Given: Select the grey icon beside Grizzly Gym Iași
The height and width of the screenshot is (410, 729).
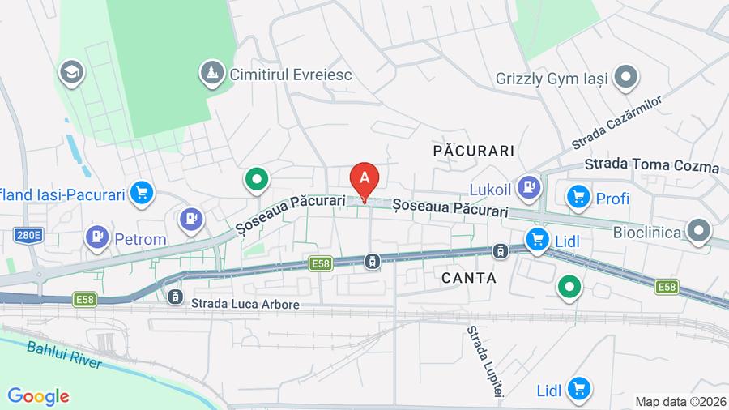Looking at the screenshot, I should coord(625,79).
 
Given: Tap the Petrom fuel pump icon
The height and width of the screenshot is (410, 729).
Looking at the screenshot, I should coord(97,237).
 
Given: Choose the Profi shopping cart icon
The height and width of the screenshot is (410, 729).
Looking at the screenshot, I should coord(578,197).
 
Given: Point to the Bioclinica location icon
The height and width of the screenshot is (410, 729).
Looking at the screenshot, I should coord(698,232).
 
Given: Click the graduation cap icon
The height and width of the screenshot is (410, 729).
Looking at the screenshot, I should coord(71,73).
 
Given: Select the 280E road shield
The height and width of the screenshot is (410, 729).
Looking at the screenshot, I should coord(27,236).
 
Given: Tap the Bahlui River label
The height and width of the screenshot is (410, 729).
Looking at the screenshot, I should coord(64,355).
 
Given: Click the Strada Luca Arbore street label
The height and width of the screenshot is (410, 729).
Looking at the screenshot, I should coord(245,305).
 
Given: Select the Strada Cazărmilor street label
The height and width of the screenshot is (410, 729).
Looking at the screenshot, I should coord(616,122).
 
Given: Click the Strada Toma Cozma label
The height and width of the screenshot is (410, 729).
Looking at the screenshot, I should coord(652,166).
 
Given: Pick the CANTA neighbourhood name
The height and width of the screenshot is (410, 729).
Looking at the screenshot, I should coord(469,278).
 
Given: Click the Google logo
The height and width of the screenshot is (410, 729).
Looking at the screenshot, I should coord(38,396).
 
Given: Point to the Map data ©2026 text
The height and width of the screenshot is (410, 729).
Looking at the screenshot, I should coord(680,401).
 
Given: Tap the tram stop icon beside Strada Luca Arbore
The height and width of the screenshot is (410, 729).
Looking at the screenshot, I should coord(175,297).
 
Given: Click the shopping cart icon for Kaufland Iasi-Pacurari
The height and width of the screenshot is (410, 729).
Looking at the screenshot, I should coord(142,194).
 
